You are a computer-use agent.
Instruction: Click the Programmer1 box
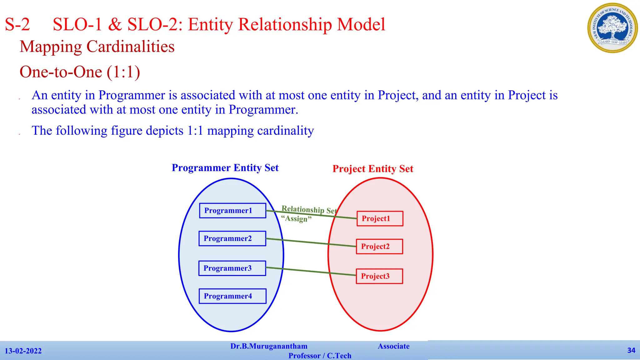(232, 211)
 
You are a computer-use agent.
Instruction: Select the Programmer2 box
(232, 238)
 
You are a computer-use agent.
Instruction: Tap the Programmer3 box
(232, 268)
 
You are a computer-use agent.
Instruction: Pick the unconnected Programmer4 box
(232, 296)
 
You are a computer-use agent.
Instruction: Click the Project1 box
(380, 218)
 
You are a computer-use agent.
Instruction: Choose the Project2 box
(379, 246)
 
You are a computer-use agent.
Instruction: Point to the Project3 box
(379, 276)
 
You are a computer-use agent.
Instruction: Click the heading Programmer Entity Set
(225, 168)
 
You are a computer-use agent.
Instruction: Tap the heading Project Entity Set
(373, 169)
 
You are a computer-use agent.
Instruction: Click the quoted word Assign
(296, 218)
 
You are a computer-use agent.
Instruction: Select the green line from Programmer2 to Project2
(311, 242)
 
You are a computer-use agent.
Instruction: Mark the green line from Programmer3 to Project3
(311, 272)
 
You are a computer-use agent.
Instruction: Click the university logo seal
(612, 28)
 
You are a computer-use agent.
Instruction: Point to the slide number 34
(631, 350)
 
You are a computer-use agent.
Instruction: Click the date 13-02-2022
(23, 351)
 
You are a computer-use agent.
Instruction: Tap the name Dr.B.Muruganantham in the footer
(269, 346)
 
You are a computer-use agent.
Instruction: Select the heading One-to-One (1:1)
(80, 72)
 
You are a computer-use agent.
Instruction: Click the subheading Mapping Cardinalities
(97, 47)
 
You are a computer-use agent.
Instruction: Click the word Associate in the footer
(393, 346)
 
